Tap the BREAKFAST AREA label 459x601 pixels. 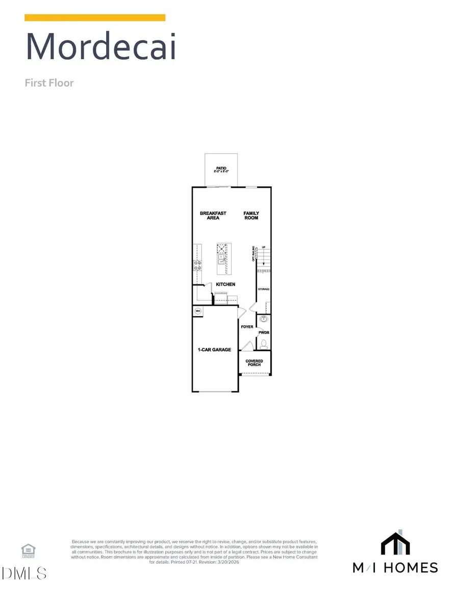click(213, 215)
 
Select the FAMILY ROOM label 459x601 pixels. click(251, 215)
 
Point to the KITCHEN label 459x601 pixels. click(225, 284)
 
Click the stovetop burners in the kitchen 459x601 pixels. click(197, 265)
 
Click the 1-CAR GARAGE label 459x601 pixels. click(215, 350)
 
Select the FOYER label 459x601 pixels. click(247, 327)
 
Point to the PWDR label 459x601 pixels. click(264, 332)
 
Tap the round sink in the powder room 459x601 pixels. click(264, 320)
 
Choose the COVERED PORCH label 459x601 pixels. click(254, 363)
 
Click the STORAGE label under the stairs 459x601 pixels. click(263, 289)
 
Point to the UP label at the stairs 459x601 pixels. click(264, 248)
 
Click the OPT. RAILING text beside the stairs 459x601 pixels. click(253, 254)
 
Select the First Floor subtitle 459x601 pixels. click(49, 83)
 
